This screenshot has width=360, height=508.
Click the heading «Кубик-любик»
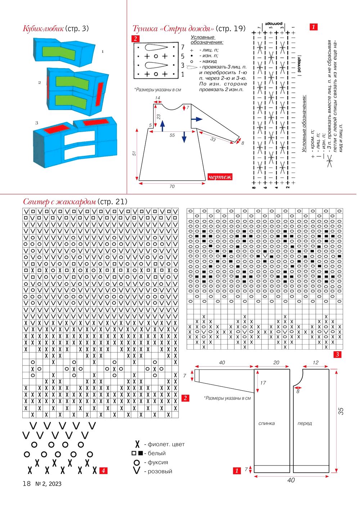click(x=43, y=29)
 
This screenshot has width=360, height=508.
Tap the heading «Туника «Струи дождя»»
click(x=173, y=29)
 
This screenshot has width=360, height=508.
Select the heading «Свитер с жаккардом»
click(x=59, y=202)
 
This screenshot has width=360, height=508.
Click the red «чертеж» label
click(x=220, y=177)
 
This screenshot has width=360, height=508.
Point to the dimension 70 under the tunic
click(x=172, y=186)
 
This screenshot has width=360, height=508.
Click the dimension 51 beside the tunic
click(x=134, y=153)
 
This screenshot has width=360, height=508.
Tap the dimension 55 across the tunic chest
click(x=172, y=135)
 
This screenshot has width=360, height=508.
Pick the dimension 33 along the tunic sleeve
click(x=213, y=139)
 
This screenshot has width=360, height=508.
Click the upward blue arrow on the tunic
click(x=162, y=126)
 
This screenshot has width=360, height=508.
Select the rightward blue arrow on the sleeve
click(x=197, y=119)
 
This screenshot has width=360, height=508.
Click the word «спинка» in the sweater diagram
click(x=266, y=423)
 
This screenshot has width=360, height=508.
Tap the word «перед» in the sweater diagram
click(x=305, y=423)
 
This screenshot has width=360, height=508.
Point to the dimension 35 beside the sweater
click(x=341, y=411)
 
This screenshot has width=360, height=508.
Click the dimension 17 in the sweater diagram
click(x=263, y=383)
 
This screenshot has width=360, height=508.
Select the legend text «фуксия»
click(x=158, y=462)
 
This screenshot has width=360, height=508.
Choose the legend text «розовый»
click(x=160, y=471)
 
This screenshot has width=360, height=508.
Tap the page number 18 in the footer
click(x=27, y=484)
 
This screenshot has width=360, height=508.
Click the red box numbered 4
click(x=103, y=471)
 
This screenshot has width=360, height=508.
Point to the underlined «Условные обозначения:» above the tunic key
click(x=207, y=40)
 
